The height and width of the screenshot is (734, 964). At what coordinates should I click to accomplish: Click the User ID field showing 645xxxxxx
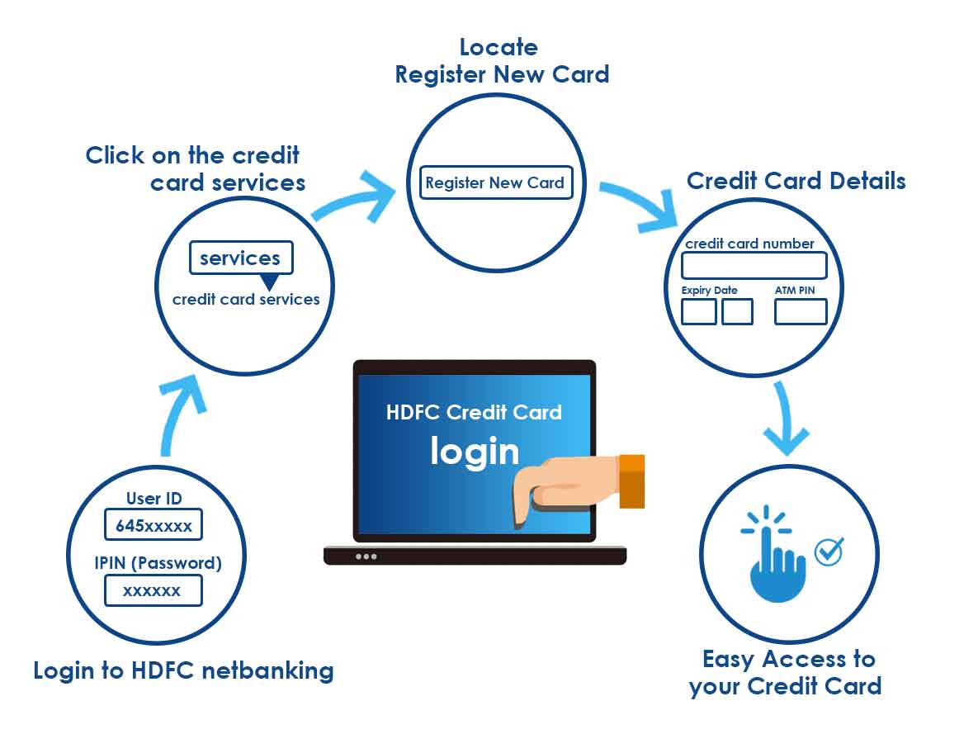(153, 525)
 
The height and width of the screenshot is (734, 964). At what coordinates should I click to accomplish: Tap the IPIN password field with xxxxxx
(153, 590)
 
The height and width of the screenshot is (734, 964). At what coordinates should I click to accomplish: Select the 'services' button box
(241, 257)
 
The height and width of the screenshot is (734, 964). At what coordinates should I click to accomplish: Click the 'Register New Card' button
(496, 182)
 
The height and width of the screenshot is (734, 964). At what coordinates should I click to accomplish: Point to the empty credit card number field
(754, 266)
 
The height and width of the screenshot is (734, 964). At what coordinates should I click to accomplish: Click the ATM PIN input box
(801, 311)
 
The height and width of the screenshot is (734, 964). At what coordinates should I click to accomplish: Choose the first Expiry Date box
(698, 311)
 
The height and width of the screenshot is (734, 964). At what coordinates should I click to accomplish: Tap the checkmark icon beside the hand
(829, 551)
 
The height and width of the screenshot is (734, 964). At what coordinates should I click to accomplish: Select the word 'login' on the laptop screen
(475, 452)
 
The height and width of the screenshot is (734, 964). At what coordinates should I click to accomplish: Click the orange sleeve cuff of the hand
(632, 481)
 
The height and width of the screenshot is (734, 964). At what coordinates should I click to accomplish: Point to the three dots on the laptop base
(366, 556)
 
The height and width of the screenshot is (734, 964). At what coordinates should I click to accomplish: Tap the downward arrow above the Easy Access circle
(785, 419)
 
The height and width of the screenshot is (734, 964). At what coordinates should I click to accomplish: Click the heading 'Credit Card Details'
(796, 181)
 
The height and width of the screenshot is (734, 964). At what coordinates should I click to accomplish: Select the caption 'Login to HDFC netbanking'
(183, 670)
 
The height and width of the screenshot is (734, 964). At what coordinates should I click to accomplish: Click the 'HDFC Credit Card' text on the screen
(474, 412)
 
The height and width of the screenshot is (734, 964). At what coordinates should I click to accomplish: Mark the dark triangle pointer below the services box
(269, 282)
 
